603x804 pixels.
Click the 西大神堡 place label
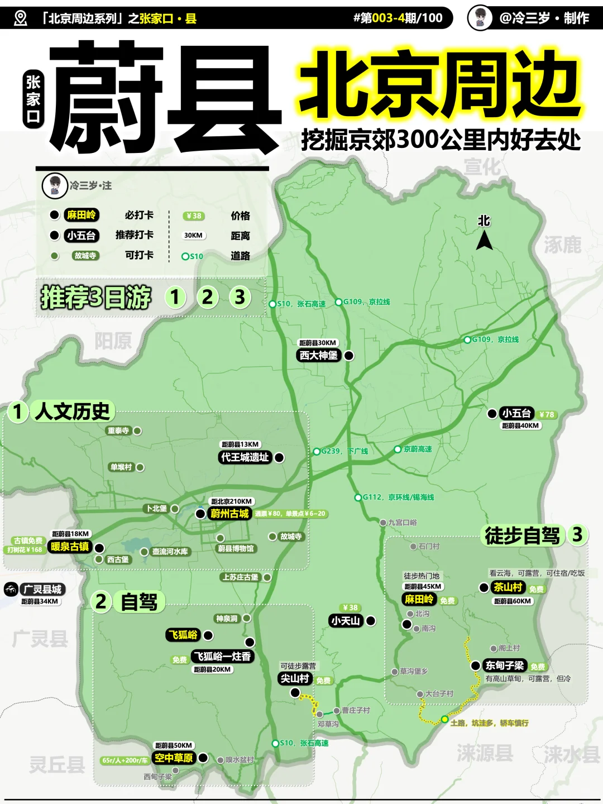318,356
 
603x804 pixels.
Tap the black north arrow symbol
484,241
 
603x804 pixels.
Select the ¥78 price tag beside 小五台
547,414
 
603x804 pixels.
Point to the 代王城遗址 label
245,457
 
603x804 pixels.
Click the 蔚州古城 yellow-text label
229,514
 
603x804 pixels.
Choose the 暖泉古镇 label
70,547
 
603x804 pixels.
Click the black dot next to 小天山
371,621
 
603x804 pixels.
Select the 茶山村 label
508,587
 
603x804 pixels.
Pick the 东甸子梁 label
504,666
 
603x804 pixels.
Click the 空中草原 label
174,758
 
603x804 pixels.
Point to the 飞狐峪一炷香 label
222,657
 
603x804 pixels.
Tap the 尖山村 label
295,678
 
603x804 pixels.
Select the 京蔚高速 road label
417,449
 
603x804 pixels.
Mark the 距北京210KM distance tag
232,501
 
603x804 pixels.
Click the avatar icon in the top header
480,18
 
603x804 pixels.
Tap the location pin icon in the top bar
21,18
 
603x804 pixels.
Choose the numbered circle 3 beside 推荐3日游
240,297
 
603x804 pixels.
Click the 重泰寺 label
118,431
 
